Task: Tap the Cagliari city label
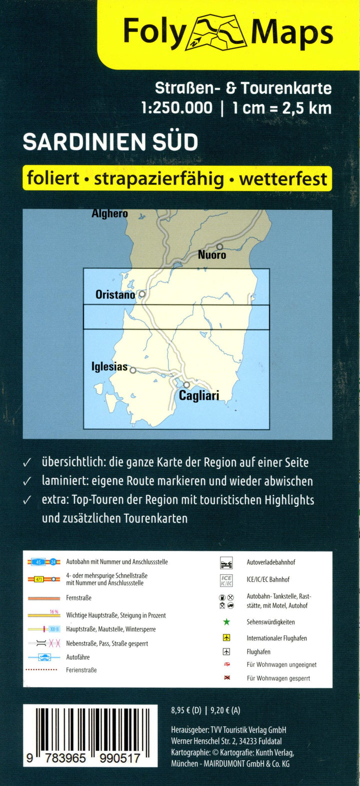(199, 396)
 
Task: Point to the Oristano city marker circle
(142, 294)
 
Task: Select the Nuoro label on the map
(212, 255)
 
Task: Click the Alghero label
(109, 213)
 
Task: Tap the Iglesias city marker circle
(133, 370)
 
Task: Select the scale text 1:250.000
(177, 107)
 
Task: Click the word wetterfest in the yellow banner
(283, 178)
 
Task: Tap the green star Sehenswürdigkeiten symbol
(226, 622)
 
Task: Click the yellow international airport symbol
(226, 638)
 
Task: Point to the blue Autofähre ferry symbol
(44, 657)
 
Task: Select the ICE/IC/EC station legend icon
(226, 580)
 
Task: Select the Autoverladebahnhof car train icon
(226, 563)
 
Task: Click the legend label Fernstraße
(78, 598)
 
